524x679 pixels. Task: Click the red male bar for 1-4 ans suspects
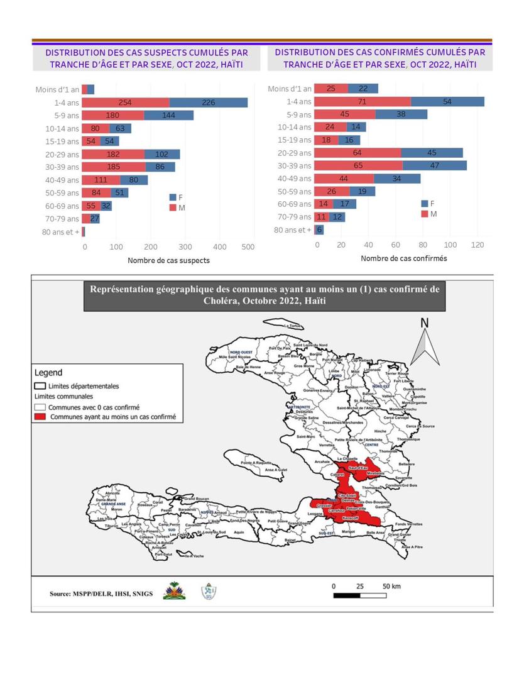tap(125, 102)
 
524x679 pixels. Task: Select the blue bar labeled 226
tap(209, 102)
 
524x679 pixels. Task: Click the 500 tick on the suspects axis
tap(248, 247)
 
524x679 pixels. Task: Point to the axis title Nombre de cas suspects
tap(168, 260)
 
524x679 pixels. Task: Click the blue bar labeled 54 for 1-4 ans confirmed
tap(447, 101)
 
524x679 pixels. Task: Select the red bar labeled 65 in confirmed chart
tap(358, 165)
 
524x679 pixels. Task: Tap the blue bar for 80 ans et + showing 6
tap(319, 230)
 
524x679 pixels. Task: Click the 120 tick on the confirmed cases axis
tap(478, 245)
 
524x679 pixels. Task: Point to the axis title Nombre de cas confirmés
tap(404, 258)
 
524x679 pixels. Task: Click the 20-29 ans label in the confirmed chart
tap(296, 153)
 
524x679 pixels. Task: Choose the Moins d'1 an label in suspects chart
tap(57, 90)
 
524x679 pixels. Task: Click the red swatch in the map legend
tap(41, 417)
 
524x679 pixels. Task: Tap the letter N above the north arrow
tap(425, 323)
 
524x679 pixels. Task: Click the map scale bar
tap(359, 594)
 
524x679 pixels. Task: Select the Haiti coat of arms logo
tap(174, 591)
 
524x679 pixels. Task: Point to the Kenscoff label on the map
tap(349, 517)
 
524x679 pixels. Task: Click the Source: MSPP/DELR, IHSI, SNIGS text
tap(97, 593)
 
